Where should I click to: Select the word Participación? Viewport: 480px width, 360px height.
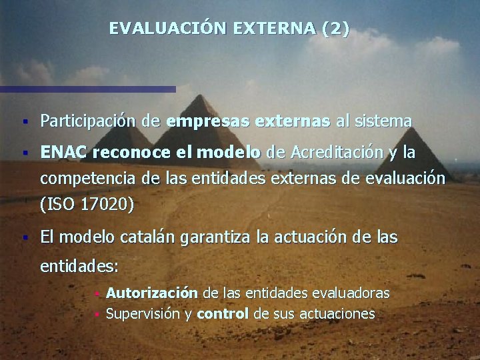click(x=89, y=122)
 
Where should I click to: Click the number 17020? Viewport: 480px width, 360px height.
click(x=105, y=205)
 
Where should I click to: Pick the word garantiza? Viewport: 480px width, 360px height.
click(x=197, y=236)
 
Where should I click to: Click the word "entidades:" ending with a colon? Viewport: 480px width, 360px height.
click(x=79, y=267)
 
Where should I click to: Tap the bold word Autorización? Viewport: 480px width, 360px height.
click(x=151, y=293)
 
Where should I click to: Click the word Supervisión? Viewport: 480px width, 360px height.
click(x=143, y=313)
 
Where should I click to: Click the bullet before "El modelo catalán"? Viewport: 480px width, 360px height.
click(x=24, y=237)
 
